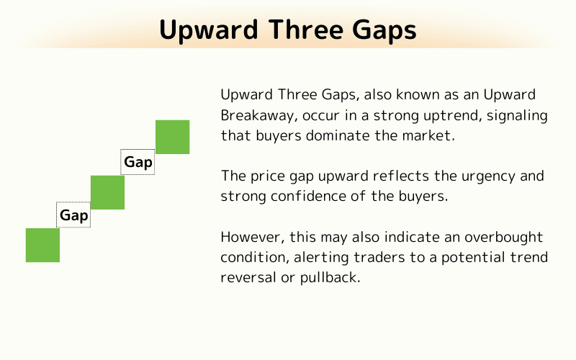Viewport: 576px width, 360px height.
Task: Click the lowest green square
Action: [42, 245]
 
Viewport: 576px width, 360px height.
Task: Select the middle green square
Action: [107, 192]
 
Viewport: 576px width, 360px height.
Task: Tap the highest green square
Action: [173, 137]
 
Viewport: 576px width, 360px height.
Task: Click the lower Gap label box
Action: [73, 215]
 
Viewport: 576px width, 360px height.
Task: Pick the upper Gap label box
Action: [138, 162]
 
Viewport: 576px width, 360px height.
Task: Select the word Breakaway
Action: [256, 115]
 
